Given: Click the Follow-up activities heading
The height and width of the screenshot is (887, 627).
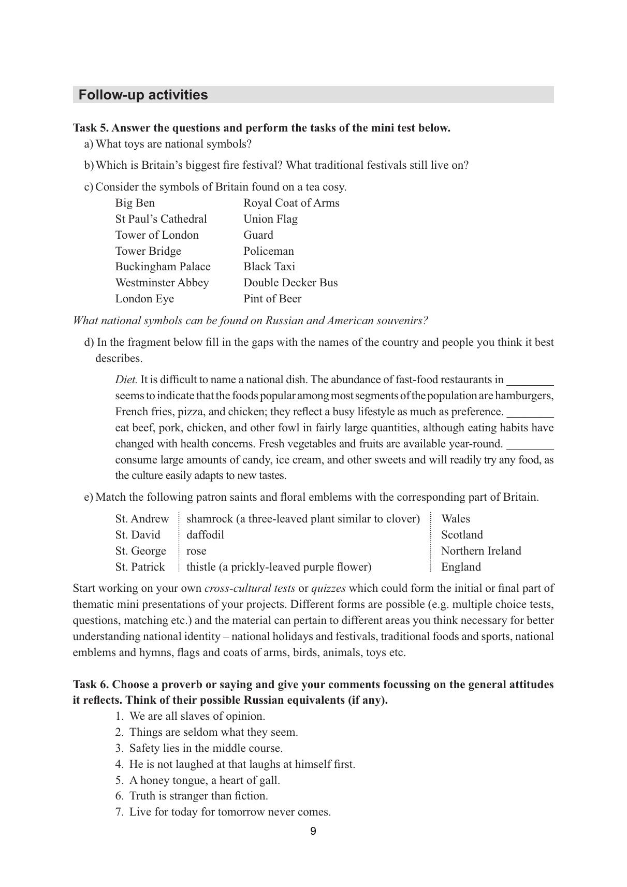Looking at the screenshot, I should point(143,95).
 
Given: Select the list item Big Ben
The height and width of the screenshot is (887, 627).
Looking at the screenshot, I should point(135,203).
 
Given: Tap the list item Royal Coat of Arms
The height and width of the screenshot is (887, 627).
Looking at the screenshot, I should point(291,203).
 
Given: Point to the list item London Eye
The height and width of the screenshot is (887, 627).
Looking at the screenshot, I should point(144,299).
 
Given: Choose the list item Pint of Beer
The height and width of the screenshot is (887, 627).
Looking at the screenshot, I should point(272,299).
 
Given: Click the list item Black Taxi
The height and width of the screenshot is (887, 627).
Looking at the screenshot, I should point(269,267).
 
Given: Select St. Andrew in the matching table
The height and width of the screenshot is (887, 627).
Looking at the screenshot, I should point(142,519).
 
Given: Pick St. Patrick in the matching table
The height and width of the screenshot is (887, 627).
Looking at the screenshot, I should point(140,567).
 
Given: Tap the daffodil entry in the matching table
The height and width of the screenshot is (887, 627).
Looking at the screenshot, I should point(205,535).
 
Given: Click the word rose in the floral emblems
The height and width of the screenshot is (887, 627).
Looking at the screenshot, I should point(196,551).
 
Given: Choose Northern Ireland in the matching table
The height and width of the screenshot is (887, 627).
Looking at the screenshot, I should point(481,551).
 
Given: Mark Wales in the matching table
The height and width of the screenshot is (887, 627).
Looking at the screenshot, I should point(456,519).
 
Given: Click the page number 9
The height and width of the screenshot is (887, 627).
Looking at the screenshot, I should point(313,832).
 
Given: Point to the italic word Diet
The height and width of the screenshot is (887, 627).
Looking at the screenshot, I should point(126,380).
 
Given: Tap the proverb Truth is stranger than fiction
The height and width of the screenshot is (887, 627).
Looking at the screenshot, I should point(198,796).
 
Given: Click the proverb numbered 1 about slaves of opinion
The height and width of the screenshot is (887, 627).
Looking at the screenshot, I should point(197,716).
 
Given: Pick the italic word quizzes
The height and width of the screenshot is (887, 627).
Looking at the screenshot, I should point(328,588).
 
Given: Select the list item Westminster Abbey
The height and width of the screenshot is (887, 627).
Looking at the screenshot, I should point(162,283).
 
